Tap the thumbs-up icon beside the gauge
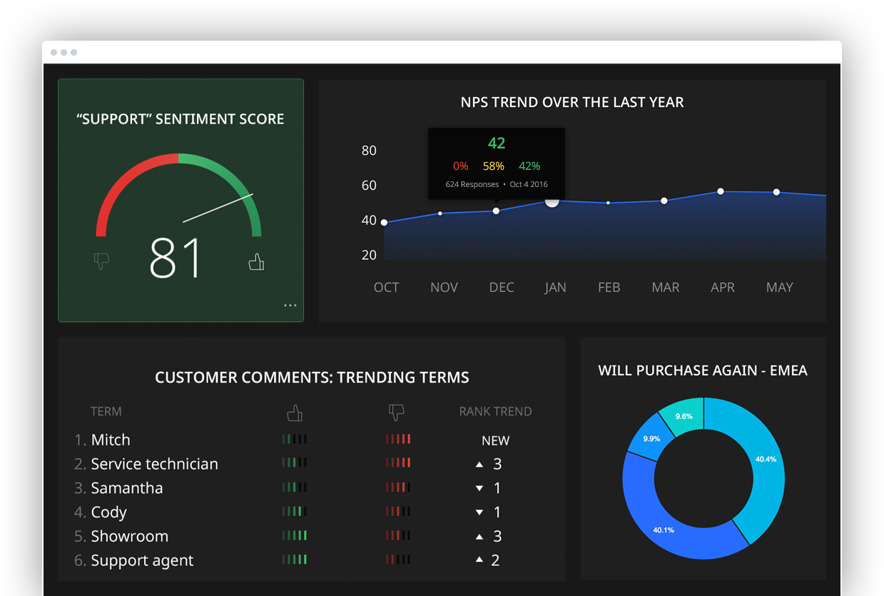click(x=256, y=263)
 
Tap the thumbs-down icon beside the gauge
click(x=101, y=262)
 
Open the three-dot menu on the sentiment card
click(x=290, y=305)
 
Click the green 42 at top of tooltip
click(x=497, y=143)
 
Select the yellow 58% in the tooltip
click(x=493, y=166)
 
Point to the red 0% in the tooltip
click(x=460, y=166)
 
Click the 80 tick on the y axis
click(x=369, y=151)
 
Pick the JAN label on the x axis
click(x=555, y=288)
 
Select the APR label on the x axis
click(x=723, y=288)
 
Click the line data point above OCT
click(x=385, y=223)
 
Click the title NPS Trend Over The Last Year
click(x=572, y=102)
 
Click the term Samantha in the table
click(x=127, y=488)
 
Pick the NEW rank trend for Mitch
click(x=495, y=441)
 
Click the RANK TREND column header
click(x=495, y=412)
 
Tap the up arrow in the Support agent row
click(x=479, y=560)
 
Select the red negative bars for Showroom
click(x=398, y=535)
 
